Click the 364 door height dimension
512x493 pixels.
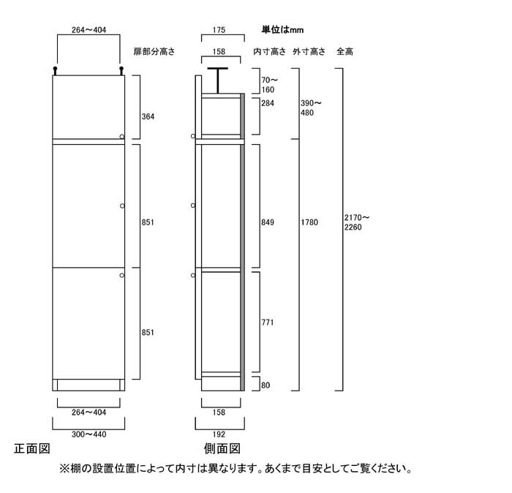tap(148, 116)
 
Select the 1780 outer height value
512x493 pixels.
tap(309, 222)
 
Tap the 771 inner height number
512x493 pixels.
tap(268, 323)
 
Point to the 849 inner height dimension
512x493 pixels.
tap(268, 222)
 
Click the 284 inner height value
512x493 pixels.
tap(268, 103)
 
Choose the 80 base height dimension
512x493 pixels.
tap(266, 385)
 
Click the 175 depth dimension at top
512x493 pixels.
tap(219, 30)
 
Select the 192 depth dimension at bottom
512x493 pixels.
tap(219, 434)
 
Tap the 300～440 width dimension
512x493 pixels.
tap(89, 434)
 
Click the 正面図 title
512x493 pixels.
tap(32, 448)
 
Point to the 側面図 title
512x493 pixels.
tap(222, 448)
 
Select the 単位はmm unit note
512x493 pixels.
tap(282, 30)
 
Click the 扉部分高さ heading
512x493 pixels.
tap(154, 52)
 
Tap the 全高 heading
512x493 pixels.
tap(345, 52)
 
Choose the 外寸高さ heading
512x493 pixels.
tap(309, 52)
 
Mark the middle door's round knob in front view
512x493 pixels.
tap(122, 206)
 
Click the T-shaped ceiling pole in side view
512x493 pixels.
tap(218, 80)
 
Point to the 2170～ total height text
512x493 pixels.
tap(357, 217)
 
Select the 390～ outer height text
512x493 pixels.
tap(311, 103)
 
